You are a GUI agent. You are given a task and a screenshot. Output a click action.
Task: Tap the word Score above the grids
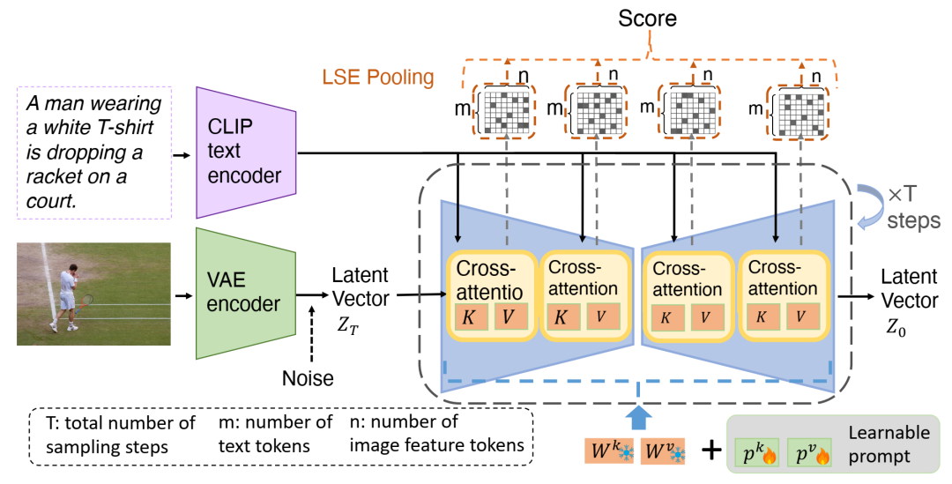tap(649, 19)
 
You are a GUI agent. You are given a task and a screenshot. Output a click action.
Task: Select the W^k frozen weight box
tap(610, 453)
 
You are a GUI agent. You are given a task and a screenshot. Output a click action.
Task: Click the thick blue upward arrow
tap(639, 414)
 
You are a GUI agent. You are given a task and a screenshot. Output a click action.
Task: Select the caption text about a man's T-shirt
tap(93, 153)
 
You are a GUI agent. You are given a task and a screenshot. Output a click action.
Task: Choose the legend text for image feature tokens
tap(435, 434)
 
